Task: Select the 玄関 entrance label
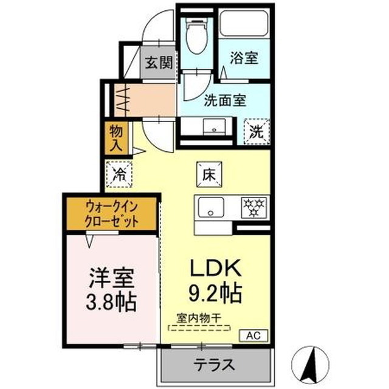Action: (x=158, y=63)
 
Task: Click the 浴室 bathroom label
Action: (x=244, y=58)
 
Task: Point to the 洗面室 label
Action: (x=225, y=101)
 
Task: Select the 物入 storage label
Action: (x=116, y=139)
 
